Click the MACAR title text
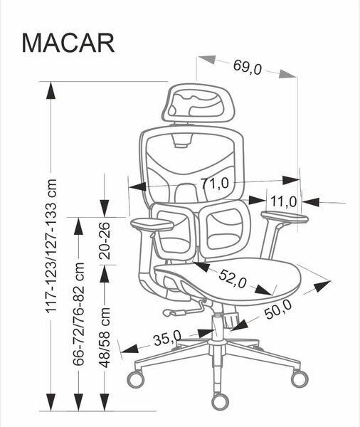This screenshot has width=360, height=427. click(68, 43)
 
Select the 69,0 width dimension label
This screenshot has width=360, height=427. click(248, 67)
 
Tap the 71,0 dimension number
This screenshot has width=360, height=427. click(215, 184)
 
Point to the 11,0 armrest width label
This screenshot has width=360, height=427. click(283, 202)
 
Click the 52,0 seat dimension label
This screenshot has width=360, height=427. click(233, 279)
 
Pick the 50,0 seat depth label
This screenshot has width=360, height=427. click(278, 309)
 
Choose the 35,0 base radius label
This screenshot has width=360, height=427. click(167, 338)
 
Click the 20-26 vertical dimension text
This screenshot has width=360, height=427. click(105, 241)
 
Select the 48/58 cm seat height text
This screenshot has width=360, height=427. click(105, 337)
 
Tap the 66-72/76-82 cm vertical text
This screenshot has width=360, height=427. click(78, 314)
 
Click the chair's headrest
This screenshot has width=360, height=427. click(198, 103)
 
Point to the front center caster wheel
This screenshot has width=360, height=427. click(220, 401)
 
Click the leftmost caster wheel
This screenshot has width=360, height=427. click(136, 379)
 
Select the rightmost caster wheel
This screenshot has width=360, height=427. click(300, 379)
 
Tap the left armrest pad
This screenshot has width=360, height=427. click(152, 224)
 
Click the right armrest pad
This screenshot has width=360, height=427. click(285, 217)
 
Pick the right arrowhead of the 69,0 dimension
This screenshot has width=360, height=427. click(288, 74)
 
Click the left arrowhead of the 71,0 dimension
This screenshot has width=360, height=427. click(137, 186)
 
